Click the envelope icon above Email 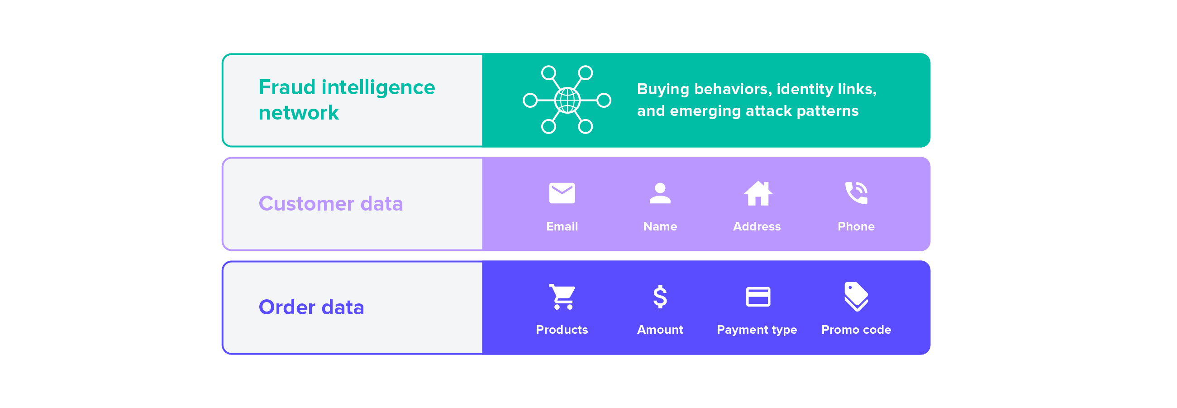point(562,193)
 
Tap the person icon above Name point(660,193)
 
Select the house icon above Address point(758,193)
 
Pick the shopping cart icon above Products point(562,297)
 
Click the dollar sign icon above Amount point(660,297)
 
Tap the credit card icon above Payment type point(758,297)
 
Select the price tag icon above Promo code point(856,297)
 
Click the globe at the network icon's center point(567,100)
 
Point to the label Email point(562,226)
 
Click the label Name point(660,226)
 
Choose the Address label point(757,226)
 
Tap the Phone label point(856,226)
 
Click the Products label point(562,330)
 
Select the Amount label point(660,330)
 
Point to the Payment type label point(757,330)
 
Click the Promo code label point(856,330)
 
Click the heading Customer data point(330,203)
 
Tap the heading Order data point(311,307)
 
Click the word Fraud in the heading point(286,87)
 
